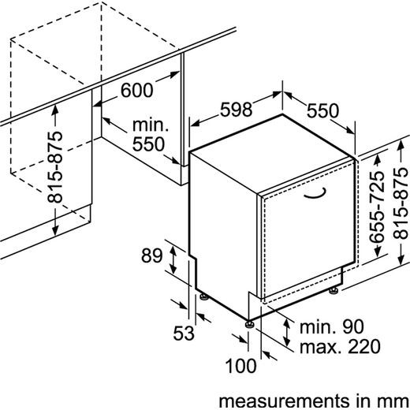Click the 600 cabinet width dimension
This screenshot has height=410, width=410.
click(x=136, y=90)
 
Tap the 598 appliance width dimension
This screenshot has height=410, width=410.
click(x=236, y=110)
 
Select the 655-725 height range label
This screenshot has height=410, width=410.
click(x=377, y=207)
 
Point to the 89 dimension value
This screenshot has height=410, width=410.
click(x=152, y=255)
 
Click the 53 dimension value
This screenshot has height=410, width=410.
click(x=184, y=333)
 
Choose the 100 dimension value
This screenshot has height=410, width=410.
click(x=240, y=366)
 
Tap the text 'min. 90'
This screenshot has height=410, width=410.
click(x=332, y=326)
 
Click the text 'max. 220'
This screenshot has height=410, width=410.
click(x=340, y=346)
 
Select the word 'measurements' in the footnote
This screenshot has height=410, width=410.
click(x=284, y=401)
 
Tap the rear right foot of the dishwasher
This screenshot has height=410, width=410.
click(x=334, y=290)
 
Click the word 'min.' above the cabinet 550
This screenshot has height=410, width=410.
click(x=151, y=125)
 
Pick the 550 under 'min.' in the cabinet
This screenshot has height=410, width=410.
click(x=148, y=144)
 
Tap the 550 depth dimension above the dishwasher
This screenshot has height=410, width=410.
click(x=322, y=110)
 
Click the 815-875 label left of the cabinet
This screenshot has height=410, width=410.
click(x=55, y=167)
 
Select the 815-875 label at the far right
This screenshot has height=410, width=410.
click(x=401, y=203)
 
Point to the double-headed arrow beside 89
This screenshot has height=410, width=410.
click(x=173, y=259)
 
